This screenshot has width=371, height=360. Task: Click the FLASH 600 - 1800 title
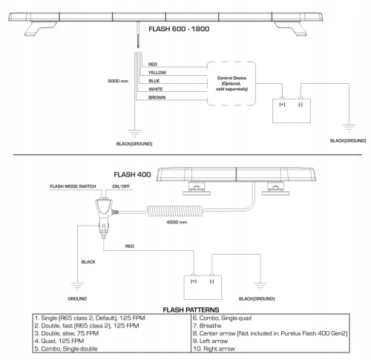179,29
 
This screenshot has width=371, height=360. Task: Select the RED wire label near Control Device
153,65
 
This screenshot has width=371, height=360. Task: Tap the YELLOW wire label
157,73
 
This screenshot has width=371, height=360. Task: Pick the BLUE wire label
154,81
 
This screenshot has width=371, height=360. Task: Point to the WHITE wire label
156,89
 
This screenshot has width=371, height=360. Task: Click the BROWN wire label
157,97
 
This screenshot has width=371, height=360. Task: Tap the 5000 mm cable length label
118,81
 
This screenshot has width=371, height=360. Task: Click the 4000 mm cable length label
177,222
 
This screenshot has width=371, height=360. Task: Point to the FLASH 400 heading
132,174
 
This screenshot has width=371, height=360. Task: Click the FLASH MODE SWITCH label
73,186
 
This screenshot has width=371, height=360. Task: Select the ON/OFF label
121,186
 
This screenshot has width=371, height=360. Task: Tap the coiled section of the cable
175,211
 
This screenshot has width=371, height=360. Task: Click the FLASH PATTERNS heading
191,310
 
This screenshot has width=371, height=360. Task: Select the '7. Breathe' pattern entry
207,326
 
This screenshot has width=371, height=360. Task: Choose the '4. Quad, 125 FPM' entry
59,341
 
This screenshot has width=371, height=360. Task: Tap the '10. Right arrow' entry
214,349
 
